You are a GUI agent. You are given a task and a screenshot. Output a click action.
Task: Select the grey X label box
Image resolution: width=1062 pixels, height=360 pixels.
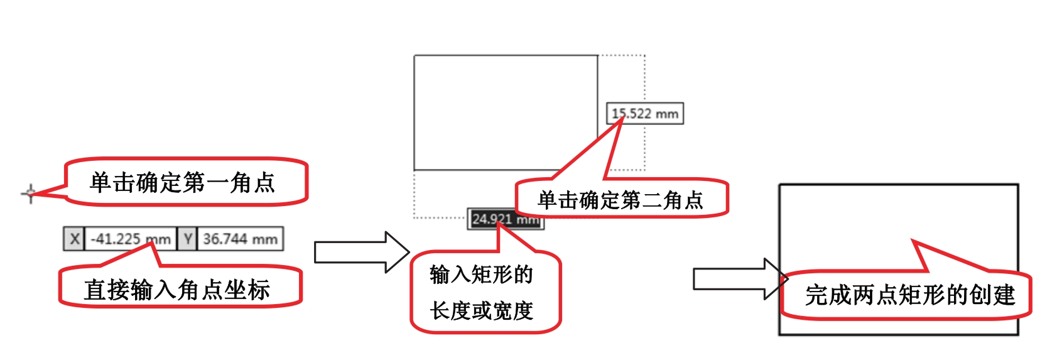(x=74, y=239)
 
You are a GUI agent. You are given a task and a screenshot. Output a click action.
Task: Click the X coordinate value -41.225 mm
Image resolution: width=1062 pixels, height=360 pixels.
(x=131, y=239)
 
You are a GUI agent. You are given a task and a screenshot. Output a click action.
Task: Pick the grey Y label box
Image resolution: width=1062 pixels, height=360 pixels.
(x=187, y=239)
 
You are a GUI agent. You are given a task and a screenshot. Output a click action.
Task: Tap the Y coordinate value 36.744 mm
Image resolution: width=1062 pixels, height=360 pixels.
(x=240, y=239)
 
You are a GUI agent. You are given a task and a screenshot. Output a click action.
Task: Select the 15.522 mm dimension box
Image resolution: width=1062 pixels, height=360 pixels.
(x=645, y=114)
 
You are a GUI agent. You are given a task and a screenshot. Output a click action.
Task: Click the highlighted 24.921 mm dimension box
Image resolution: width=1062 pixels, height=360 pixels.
(x=505, y=219)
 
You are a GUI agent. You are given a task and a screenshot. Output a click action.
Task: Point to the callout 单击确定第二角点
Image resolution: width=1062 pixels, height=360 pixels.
(x=620, y=200)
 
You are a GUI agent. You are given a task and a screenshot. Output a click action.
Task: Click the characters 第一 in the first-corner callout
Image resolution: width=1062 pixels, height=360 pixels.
(x=205, y=183)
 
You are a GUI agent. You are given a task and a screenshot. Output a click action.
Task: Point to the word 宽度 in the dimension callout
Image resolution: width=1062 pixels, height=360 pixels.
(x=513, y=310)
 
